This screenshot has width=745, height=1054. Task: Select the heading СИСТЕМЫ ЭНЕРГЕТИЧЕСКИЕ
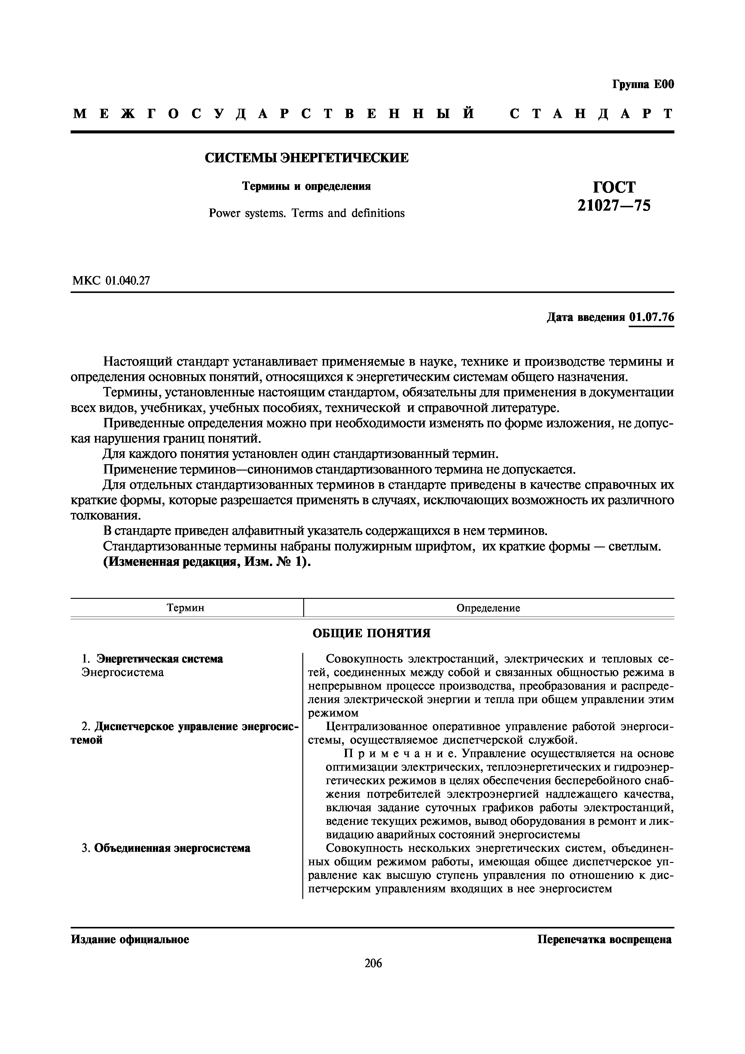pyautogui.click(x=306, y=158)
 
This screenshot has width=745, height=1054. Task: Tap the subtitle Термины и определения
pyautogui.click(x=306, y=186)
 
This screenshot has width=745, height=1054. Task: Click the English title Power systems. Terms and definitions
pyautogui.click(x=306, y=213)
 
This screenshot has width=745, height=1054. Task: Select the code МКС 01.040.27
pyautogui.click(x=111, y=281)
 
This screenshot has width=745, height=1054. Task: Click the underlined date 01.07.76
pyautogui.click(x=651, y=317)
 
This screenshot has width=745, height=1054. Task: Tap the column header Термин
pyautogui.click(x=185, y=608)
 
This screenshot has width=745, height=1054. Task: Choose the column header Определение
pyautogui.click(x=488, y=608)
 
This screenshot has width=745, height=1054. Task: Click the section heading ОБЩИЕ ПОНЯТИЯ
pyautogui.click(x=371, y=633)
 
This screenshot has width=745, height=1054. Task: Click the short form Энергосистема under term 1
pyautogui.click(x=123, y=672)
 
